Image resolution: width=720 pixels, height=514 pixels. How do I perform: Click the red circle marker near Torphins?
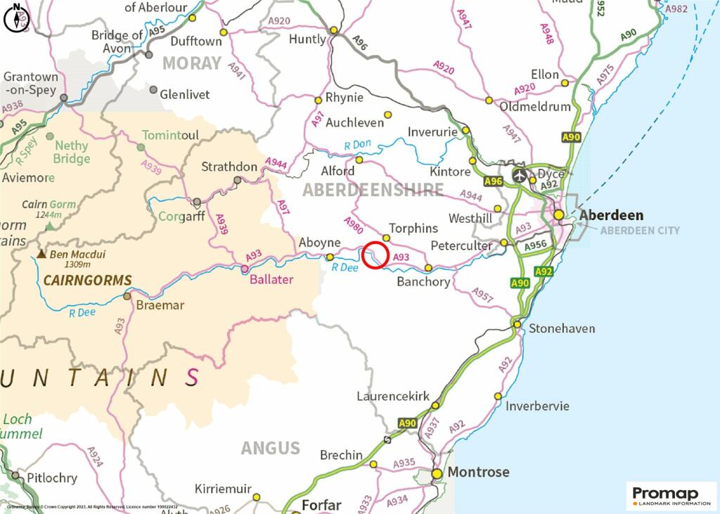(376, 255)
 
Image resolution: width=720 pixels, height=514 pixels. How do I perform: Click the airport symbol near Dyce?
(519, 174)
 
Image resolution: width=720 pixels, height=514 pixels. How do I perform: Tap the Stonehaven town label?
(562, 328)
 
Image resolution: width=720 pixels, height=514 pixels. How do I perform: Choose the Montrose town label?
(478, 472)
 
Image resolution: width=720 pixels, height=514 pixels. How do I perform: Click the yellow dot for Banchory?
(428, 268)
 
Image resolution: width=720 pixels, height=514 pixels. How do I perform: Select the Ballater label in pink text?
(271, 279)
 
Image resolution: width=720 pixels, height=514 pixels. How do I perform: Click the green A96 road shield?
(494, 181)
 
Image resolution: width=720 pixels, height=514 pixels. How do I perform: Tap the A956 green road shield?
(536, 245)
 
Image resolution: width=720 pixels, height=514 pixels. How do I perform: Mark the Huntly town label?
(308, 39)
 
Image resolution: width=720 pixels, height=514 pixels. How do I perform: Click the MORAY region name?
(192, 63)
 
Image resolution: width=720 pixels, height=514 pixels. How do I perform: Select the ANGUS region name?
(270, 448)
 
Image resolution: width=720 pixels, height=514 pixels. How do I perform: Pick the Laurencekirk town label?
(393, 397)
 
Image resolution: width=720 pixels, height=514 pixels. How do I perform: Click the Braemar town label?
(160, 305)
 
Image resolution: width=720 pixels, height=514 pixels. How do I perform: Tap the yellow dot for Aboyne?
(330, 257)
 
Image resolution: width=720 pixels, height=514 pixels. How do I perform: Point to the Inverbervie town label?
(537, 406)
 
